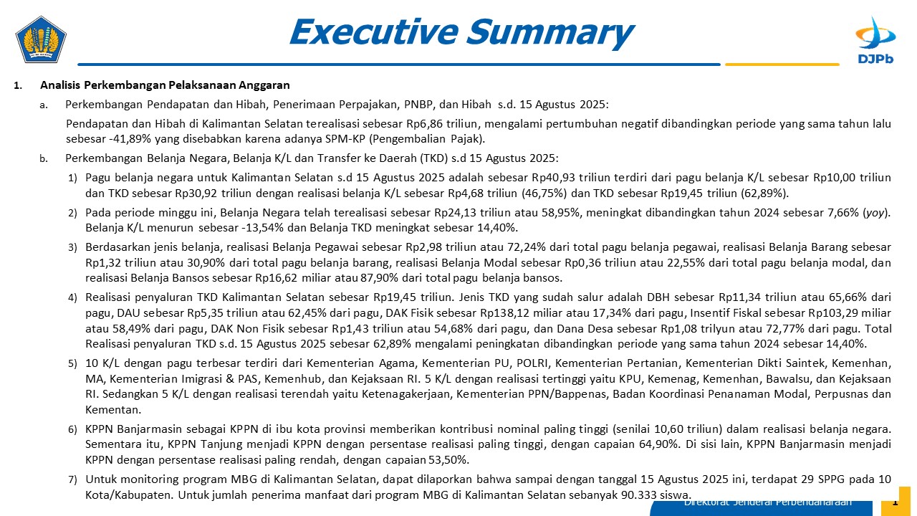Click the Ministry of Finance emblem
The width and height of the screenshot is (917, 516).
41,39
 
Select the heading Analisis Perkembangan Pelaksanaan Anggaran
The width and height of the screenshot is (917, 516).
165,85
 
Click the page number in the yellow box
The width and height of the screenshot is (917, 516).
894,502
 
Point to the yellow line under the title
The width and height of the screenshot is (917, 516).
782,64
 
